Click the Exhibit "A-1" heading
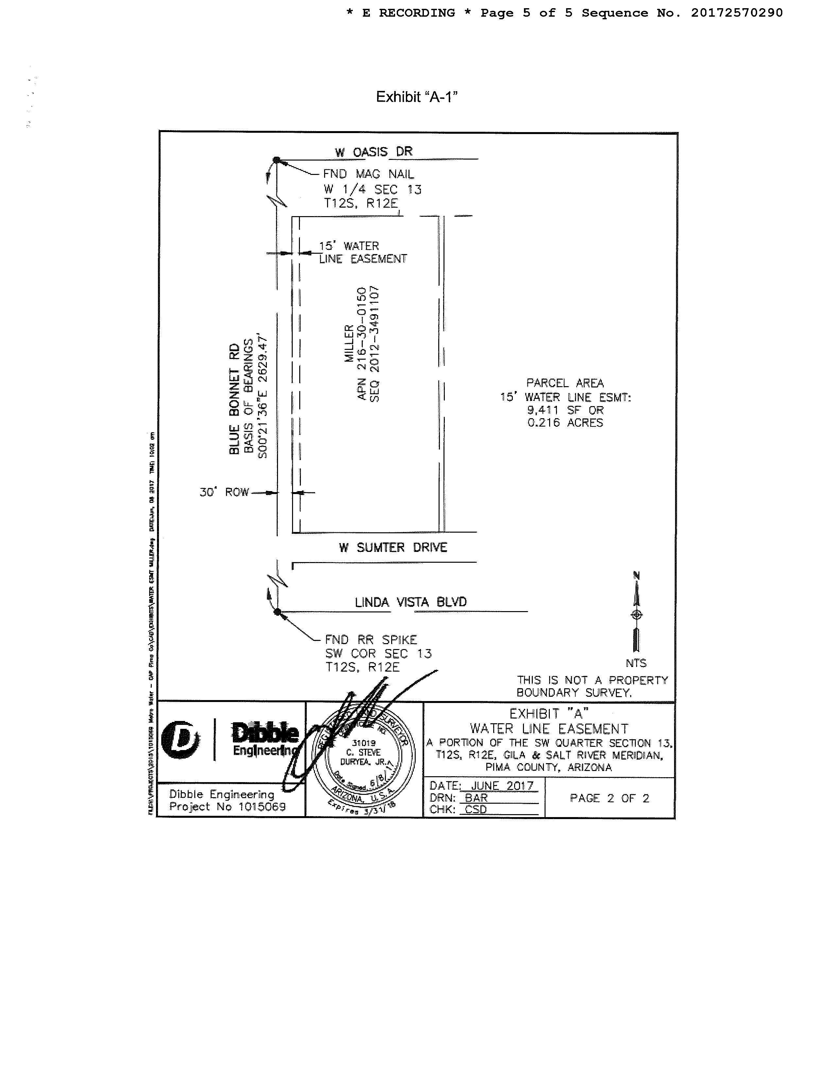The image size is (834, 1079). coord(416,97)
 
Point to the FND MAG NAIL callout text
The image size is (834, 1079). coord(368,174)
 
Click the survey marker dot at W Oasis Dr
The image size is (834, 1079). coord(277,160)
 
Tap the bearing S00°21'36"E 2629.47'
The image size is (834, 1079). coord(263,397)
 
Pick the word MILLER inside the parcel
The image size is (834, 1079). coord(349,343)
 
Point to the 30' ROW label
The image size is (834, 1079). coord(224,492)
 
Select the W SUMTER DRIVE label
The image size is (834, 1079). coord(393,547)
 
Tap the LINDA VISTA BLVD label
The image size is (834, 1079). coord(410,602)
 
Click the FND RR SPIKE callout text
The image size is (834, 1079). coord(371,640)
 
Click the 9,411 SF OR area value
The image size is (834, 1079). coord(565,410)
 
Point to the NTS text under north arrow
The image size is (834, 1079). coord(636,663)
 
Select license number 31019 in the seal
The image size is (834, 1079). coord(364,743)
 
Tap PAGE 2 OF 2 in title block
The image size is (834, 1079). coord(609,798)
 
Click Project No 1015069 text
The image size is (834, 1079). coord(227,807)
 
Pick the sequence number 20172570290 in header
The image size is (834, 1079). coord(737,13)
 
